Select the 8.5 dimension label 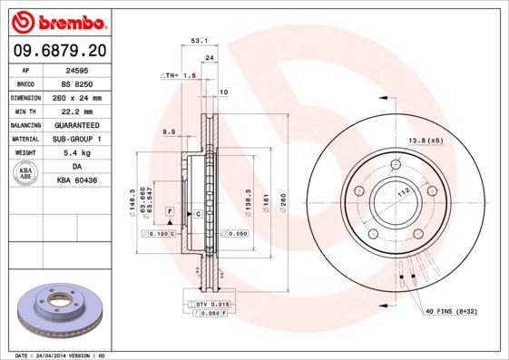coord(168,132)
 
